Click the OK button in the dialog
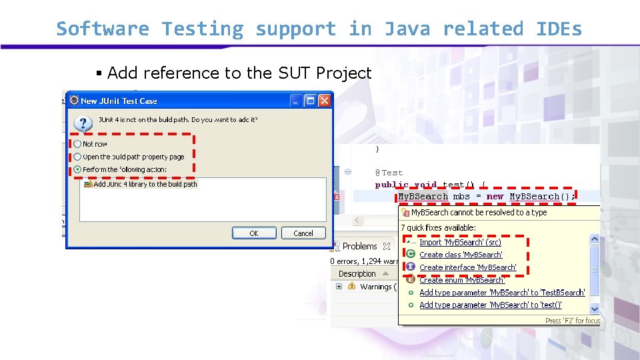tap(253, 233)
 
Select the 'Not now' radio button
tap(78, 144)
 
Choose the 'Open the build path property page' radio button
tap(78, 157)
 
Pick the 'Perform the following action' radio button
tap(78, 169)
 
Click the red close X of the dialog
tap(324, 101)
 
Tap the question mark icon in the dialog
tap(83, 123)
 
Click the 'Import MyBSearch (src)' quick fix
tap(460, 243)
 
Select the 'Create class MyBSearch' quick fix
tap(461, 255)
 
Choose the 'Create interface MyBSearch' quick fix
tap(467, 267)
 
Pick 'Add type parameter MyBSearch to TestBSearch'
tap(502, 293)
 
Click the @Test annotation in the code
tap(389, 173)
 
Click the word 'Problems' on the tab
tap(360, 246)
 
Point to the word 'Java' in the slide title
tap(407, 29)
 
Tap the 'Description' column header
tap(357, 274)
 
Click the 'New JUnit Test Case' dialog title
tap(119, 101)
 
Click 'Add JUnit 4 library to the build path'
tap(145, 184)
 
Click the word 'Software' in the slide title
tap(103, 29)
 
